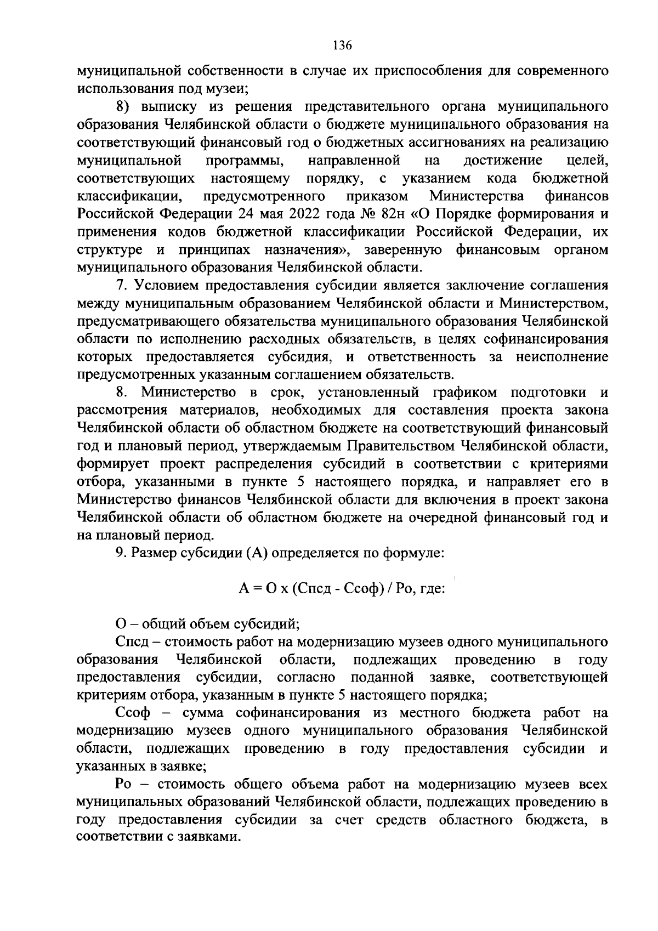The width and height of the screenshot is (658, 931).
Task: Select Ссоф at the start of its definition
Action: coord(131,713)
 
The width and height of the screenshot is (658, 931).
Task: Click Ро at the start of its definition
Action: coord(124,784)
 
